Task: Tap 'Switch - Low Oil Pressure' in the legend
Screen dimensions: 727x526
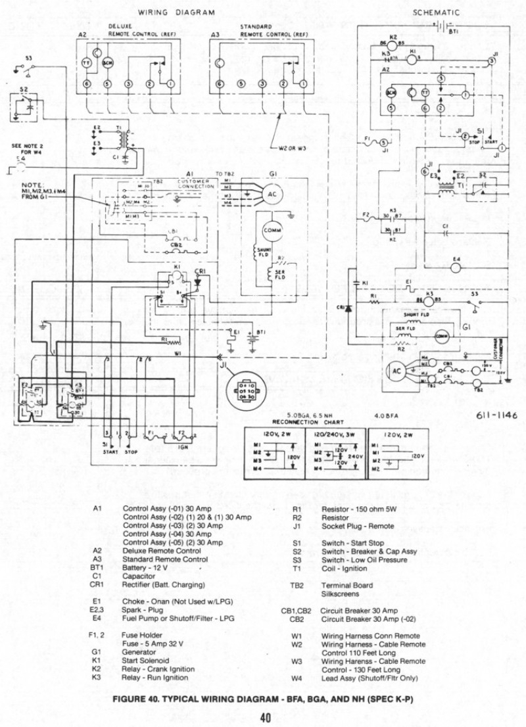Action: (x=364, y=560)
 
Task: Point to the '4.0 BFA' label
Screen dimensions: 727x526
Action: (x=387, y=415)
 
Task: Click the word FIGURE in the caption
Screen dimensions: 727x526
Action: (x=131, y=699)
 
